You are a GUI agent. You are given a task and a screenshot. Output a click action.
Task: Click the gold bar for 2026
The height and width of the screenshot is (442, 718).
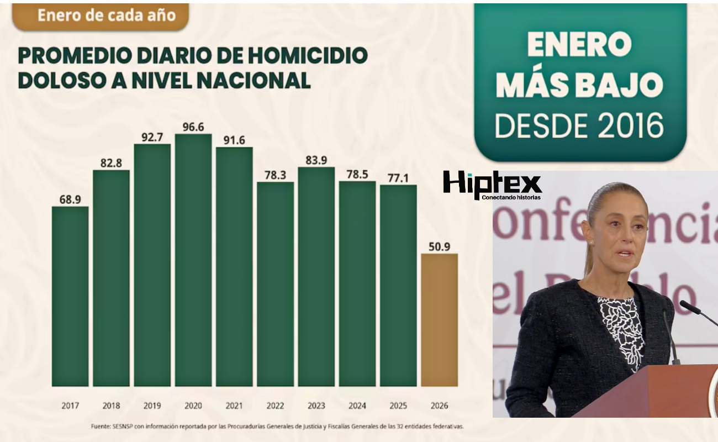coord(439,320)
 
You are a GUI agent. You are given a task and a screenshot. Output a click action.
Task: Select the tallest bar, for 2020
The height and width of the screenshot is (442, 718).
coord(193,260)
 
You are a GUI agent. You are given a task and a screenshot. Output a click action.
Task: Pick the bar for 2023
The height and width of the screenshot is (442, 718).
coord(316,276)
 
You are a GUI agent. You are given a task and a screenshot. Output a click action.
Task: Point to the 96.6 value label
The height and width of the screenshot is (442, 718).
coord(193,127)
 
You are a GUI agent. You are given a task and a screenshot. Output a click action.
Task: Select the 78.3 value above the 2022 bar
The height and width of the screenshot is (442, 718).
coord(275,175)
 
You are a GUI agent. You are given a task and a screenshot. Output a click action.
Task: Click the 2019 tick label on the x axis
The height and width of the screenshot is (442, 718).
coord(152,406)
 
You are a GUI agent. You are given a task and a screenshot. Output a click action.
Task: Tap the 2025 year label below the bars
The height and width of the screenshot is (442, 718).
coord(398,406)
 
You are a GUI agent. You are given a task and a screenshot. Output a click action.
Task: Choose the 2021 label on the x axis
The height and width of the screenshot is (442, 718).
coord(234,406)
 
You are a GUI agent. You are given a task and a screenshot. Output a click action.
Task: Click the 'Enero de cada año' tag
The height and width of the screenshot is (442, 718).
coord(100,15)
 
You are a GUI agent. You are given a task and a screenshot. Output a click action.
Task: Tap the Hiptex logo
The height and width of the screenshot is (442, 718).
coord(492,184)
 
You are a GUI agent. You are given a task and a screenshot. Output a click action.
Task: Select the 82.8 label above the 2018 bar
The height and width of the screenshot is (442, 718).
coord(111,162)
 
